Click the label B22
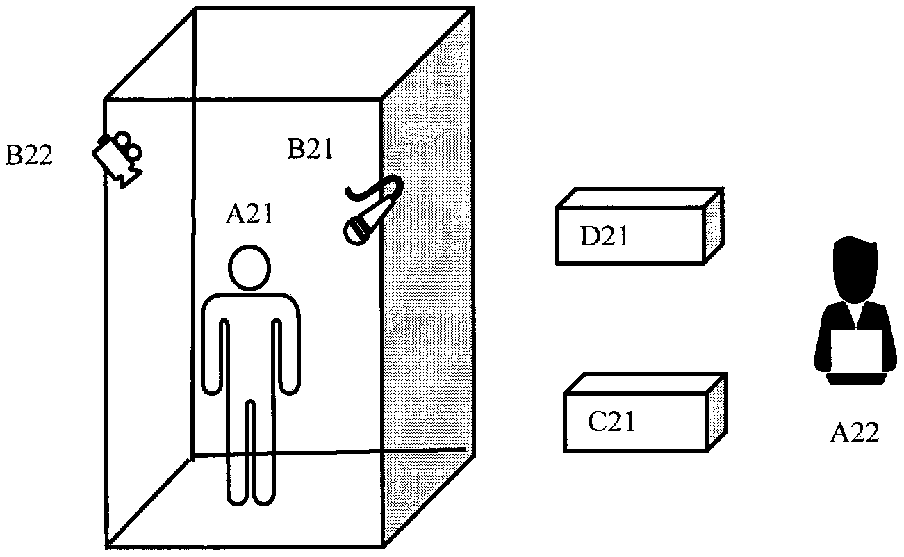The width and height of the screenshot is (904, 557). [x=30, y=154]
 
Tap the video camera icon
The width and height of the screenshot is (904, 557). [x=117, y=157]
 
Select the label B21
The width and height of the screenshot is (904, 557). [x=311, y=149]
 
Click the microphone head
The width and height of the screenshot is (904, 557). [x=358, y=229]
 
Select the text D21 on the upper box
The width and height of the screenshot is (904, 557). [x=605, y=237]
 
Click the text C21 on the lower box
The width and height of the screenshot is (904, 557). [x=611, y=421]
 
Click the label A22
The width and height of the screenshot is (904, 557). [x=855, y=433]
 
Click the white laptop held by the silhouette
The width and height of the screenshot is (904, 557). [x=857, y=352]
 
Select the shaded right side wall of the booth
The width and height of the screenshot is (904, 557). [x=428, y=278]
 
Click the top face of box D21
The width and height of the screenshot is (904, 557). [x=639, y=197]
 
